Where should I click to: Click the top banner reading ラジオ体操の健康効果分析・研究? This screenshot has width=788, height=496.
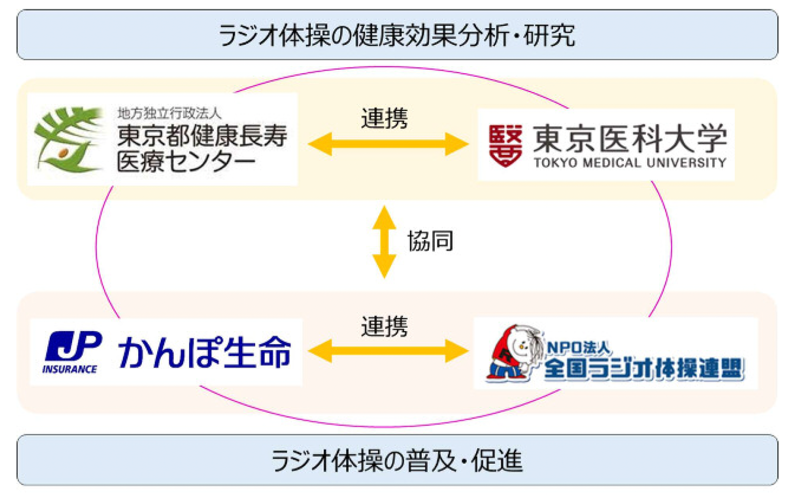point(397,35)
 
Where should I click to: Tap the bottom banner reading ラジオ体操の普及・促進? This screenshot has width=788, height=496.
point(397,460)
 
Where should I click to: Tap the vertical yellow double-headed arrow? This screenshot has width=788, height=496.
point(384,242)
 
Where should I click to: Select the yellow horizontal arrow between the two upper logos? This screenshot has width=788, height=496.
point(388,144)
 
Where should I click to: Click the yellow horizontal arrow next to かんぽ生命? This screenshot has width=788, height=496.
point(388,351)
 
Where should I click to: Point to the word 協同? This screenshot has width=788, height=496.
point(430,241)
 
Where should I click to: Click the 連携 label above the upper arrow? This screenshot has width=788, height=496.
point(385,119)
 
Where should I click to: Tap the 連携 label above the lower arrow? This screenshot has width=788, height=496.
point(385,327)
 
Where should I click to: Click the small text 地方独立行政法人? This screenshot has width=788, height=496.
point(169,114)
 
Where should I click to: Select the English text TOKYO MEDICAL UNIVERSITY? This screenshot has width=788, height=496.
point(630,163)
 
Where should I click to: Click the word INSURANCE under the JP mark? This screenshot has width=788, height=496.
point(70,369)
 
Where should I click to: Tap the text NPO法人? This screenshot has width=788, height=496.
point(579,347)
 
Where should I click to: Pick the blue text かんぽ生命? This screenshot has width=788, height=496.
point(204,352)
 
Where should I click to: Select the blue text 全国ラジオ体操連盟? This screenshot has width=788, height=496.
point(644,369)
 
